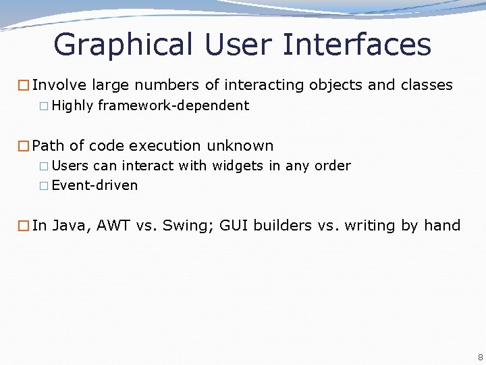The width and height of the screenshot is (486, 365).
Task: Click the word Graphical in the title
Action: [x=123, y=45]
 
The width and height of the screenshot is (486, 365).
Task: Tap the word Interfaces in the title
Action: [x=356, y=45]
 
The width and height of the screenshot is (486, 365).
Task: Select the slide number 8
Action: [x=480, y=357]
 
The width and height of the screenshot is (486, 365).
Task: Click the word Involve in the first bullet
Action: [x=59, y=85]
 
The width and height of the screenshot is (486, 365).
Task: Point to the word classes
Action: [x=427, y=85]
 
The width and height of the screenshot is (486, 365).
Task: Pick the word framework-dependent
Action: [x=173, y=105]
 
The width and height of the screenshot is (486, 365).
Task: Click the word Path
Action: [x=48, y=146]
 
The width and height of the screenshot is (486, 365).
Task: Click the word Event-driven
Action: [x=94, y=185]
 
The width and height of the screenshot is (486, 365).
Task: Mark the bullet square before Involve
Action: [x=24, y=86]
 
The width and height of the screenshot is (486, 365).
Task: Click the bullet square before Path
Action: [x=24, y=146]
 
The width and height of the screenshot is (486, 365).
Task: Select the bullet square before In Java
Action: [x=24, y=226]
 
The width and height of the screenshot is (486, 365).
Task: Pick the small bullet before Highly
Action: [x=44, y=106]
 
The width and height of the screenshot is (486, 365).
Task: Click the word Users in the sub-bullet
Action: [x=70, y=166]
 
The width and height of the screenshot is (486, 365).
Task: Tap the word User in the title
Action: [x=236, y=45]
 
